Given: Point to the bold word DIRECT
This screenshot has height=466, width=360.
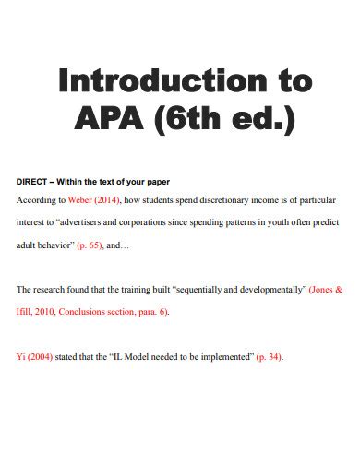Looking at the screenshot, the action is [x=35, y=182].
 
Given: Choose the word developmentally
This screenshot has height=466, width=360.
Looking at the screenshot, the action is [x=269, y=289].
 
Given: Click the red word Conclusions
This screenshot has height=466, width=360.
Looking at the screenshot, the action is [x=83, y=312].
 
